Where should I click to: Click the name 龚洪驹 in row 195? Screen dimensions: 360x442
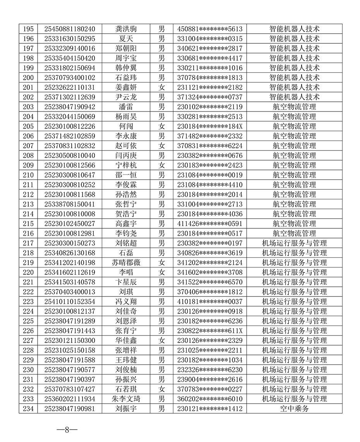click(126, 29)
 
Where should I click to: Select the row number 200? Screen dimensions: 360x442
click(28, 77)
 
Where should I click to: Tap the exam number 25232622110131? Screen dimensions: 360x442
click(70, 87)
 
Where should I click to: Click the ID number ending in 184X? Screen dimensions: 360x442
click(209, 126)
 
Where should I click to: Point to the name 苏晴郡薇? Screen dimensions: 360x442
click(126, 262)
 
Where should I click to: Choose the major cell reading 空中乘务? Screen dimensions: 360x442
click(294, 408)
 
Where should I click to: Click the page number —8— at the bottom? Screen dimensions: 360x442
click(67, 430)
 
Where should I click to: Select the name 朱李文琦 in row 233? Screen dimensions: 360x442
click(126, 399)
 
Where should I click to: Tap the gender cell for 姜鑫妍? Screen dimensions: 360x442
click(161, 87)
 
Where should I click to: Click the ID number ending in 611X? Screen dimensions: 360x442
click(209, 331)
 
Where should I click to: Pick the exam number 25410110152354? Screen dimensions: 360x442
click(70, 302)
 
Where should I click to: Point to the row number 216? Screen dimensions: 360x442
click(28, 233)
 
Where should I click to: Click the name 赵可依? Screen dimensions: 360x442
click(126, 146)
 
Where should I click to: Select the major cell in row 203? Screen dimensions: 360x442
click(294, 107)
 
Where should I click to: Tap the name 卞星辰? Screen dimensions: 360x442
click(126, 282)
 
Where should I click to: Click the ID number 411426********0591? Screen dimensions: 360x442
click(209, 223)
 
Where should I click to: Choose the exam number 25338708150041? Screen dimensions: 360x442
click(70, 204)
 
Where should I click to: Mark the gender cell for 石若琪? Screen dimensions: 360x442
click(161, 389)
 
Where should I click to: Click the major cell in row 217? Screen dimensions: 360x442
click(294, 243)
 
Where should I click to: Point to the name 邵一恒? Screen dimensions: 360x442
click(126, 175)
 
